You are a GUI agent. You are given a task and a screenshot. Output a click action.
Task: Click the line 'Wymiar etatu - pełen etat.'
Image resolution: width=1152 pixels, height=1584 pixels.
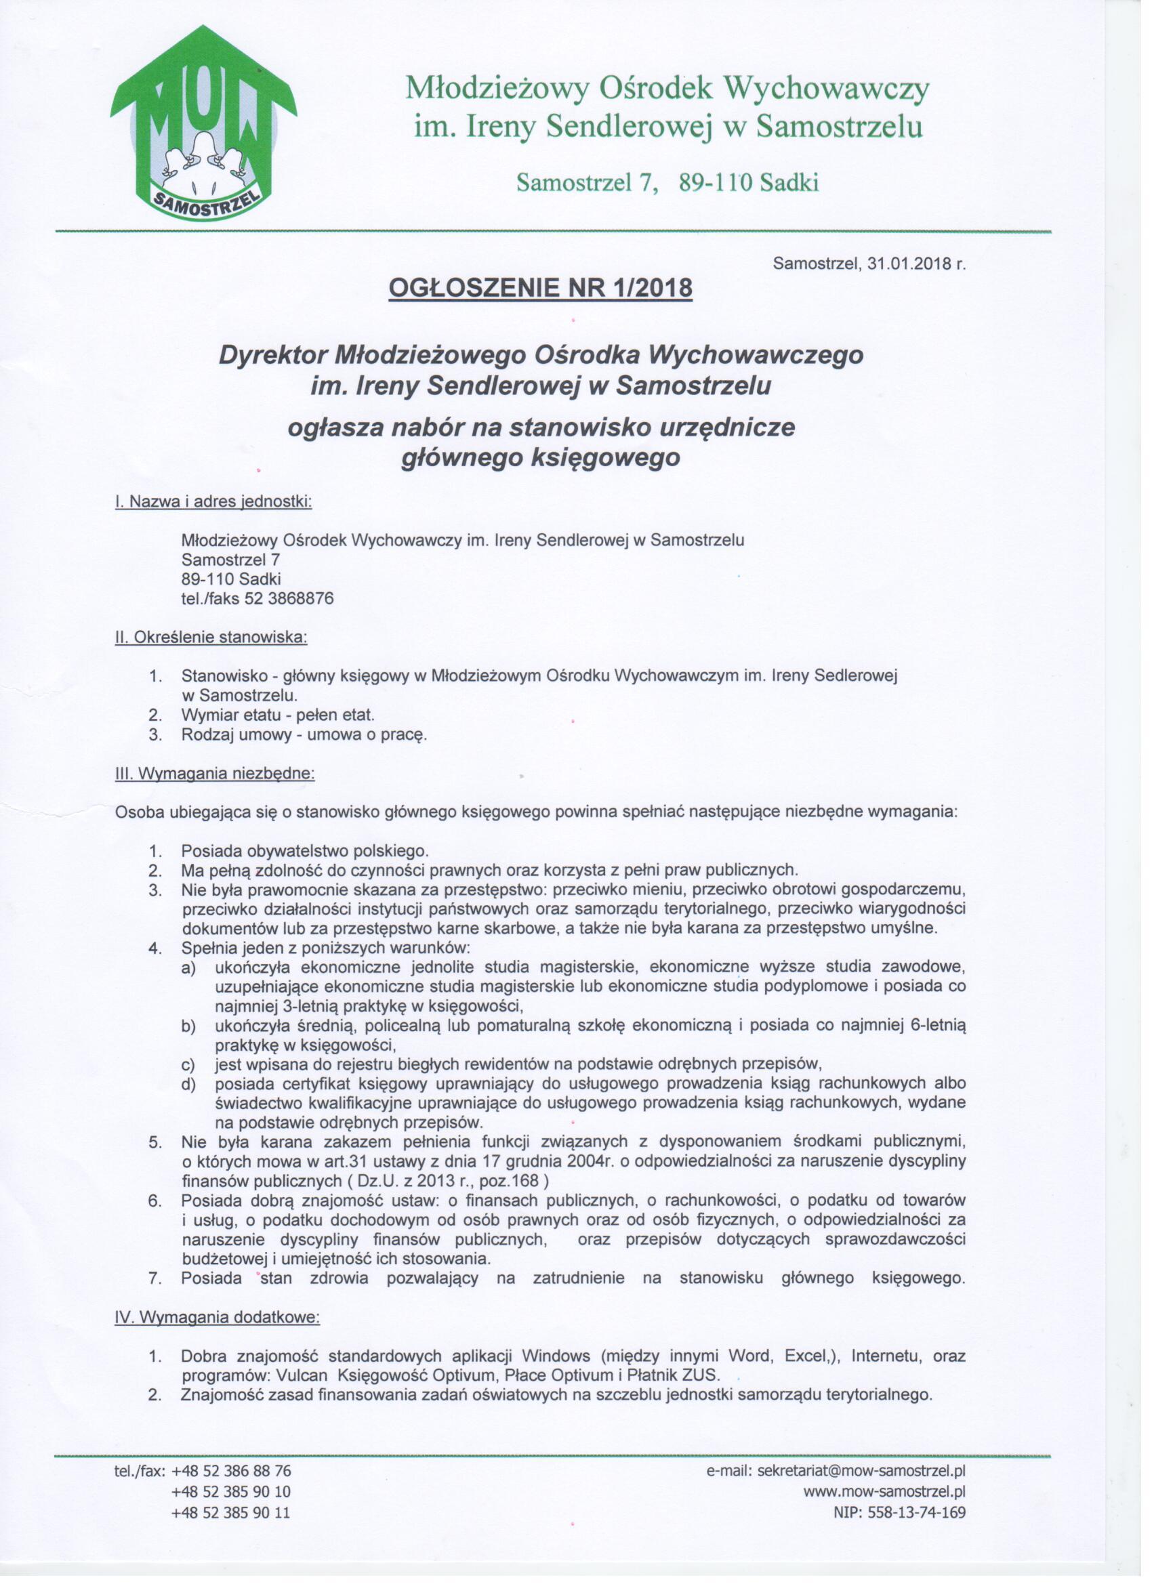click(278, 715)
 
